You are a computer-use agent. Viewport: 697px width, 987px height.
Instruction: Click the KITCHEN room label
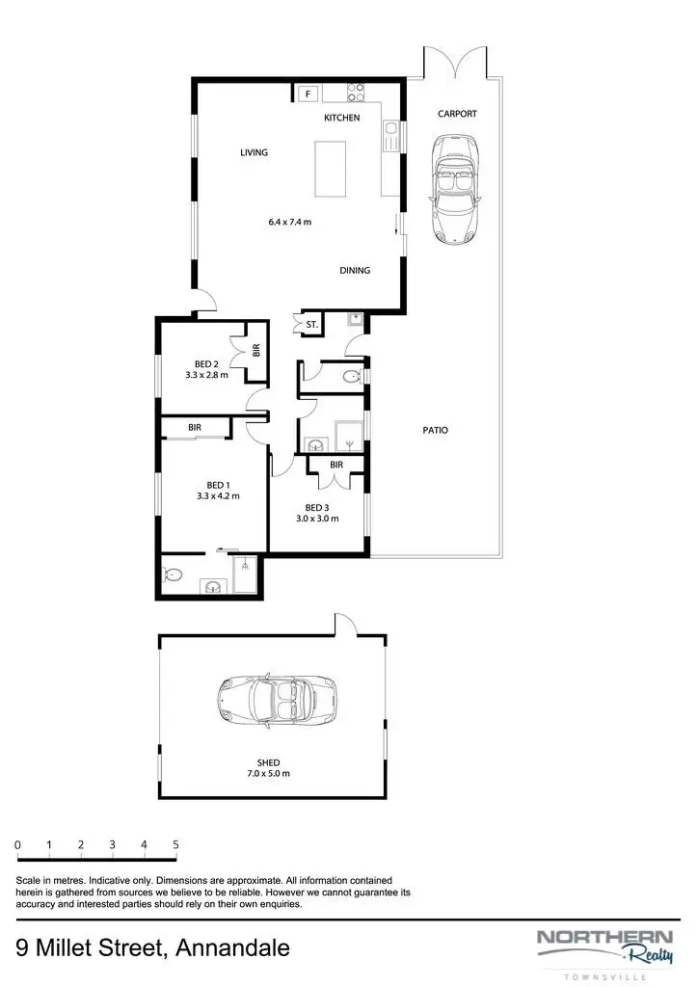pos(341,118)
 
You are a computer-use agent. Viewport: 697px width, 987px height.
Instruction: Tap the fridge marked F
pos(308,93)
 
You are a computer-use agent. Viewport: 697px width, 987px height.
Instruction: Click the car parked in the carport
pos(456,188)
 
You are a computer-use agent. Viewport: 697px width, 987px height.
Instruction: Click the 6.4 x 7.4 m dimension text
pos(290,222)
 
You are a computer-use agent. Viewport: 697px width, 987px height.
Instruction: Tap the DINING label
pos(355,271)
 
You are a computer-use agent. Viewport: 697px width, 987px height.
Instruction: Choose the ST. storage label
pos(311,326)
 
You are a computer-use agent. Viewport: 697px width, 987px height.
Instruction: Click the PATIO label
pos(435,431)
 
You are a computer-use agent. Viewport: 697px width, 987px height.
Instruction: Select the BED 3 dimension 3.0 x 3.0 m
pos(316,519)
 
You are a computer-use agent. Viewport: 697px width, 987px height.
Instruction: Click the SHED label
pos(269,762)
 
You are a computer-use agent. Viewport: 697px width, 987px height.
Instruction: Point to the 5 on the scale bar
pos(175,844)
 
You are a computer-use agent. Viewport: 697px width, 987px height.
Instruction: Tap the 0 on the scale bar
pos(17,844)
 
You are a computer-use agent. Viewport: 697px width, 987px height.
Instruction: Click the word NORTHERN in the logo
pos(604,936)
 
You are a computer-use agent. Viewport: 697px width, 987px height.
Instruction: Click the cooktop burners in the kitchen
pos(355,93)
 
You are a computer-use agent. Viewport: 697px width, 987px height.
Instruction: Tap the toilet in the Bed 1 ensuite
pos(174,576)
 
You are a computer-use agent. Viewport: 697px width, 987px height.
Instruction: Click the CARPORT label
pos(457,114)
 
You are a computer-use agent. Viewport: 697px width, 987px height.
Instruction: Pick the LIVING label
pos(254,152)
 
